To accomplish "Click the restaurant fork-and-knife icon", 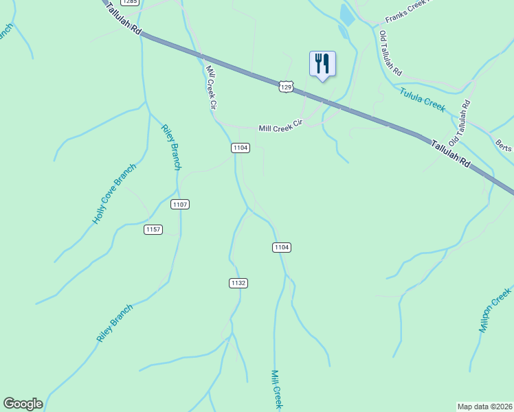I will pos(322,64).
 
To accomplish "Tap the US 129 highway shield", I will pos(287,87).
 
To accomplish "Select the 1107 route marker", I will pos(180,205).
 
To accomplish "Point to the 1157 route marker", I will pos(153,229).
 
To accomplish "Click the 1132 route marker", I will pos(238,283).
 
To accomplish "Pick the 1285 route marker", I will pos(131,2).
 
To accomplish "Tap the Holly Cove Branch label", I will pos(114,194).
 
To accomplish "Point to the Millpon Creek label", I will pos(495,310).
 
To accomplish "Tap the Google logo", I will pos(23,404).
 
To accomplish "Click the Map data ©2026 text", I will pos(484,407).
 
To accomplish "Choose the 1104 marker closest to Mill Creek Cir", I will pos(240,148).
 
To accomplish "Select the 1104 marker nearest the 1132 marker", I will pos(281,247).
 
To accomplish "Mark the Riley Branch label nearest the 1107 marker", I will pos(171,147).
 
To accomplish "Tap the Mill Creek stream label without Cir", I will pos(276,389).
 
